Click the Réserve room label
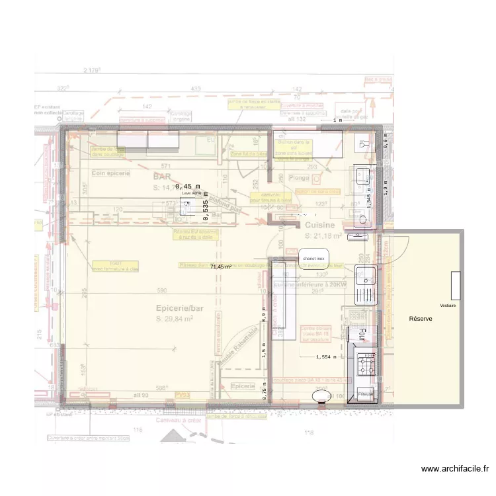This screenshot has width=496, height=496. click(421, 319)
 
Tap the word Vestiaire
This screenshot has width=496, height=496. click(448, 306)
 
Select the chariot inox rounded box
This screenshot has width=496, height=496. click(313, 258)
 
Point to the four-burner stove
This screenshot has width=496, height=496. click(366, 362)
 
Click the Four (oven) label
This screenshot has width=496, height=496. click(362, 335)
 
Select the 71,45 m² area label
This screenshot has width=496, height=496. click(220, 267)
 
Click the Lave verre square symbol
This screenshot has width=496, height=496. click(186, 206)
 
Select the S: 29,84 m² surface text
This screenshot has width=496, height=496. click(175, 319)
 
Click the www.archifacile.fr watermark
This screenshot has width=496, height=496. click(455, 469)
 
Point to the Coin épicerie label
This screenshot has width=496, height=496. click(110, 173)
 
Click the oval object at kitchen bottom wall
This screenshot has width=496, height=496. click(322, 395)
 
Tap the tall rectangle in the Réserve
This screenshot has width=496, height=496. click(456, 285)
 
